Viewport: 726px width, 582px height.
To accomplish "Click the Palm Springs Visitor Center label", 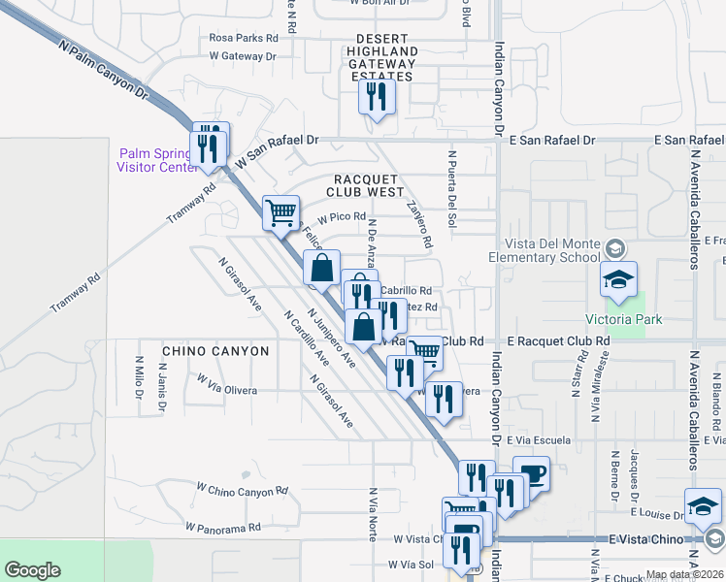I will [156, 160].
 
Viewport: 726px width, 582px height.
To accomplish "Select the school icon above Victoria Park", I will [618, 279].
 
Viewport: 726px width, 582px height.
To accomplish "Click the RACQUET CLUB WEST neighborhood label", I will [368, 186].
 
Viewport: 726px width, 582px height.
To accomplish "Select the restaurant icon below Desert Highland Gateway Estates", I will [376, 97].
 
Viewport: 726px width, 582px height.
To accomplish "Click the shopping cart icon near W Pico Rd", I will [280, 210].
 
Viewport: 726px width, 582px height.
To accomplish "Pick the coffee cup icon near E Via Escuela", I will [531, 474].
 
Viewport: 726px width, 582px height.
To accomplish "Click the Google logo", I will [32, 570].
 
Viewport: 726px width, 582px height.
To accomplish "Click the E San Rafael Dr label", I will [551, 140].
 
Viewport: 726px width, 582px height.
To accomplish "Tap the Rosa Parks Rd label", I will [250, 38].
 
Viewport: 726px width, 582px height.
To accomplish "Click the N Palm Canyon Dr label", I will [102, 71].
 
